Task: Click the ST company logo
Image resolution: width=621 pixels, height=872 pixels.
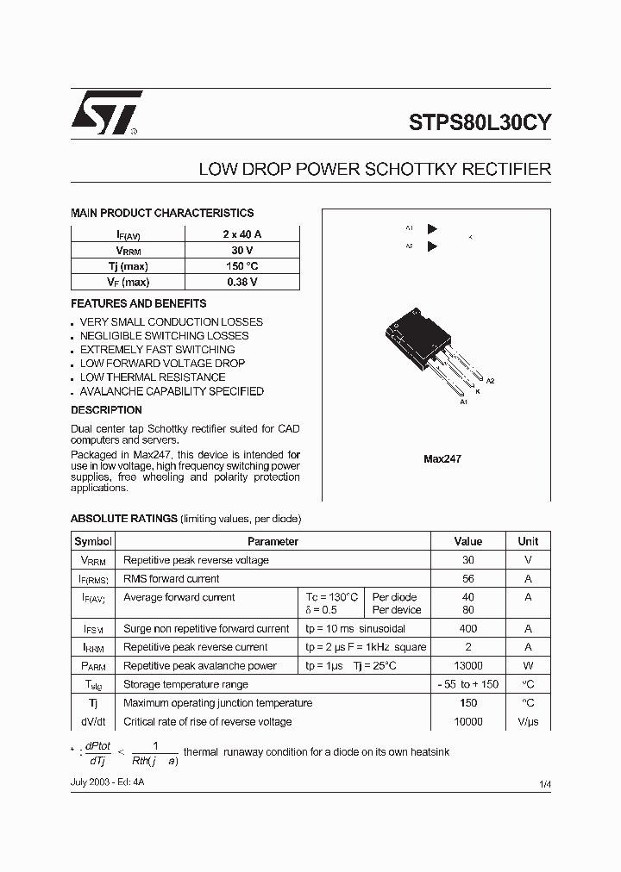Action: [x=105, y=114]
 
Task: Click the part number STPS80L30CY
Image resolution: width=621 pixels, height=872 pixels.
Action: [x=480, y=122]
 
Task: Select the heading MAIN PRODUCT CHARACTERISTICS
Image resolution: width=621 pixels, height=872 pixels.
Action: [x=162, y=213]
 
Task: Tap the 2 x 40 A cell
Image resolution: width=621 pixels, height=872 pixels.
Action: [x=241, y=234]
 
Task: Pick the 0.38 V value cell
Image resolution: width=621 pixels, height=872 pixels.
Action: [x=241, y=282]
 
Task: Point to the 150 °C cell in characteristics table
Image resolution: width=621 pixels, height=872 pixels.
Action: [x=241, y=266]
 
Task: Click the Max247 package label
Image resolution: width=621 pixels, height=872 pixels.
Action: [x=442, y=459]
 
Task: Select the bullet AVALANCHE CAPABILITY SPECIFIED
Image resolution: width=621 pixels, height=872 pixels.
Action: [x=172, y=391]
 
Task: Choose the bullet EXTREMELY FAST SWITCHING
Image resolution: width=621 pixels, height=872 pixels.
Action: [x=157, y=350]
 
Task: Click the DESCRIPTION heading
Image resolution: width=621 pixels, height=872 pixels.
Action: [x=106, y=410]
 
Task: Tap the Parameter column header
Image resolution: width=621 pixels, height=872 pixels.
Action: [x=273, y=542]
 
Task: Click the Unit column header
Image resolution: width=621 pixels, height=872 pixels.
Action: [x=528, y=542]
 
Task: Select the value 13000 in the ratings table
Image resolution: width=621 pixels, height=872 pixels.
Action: [x=467, y=666]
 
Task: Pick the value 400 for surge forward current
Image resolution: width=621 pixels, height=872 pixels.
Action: [x=467, y=629]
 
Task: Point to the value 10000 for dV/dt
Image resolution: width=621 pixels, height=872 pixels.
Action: [x=467, y=722]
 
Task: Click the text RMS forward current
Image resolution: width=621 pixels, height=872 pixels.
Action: [x=172, y=579]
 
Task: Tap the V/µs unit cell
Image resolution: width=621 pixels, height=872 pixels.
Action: [x=528, y=722]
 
